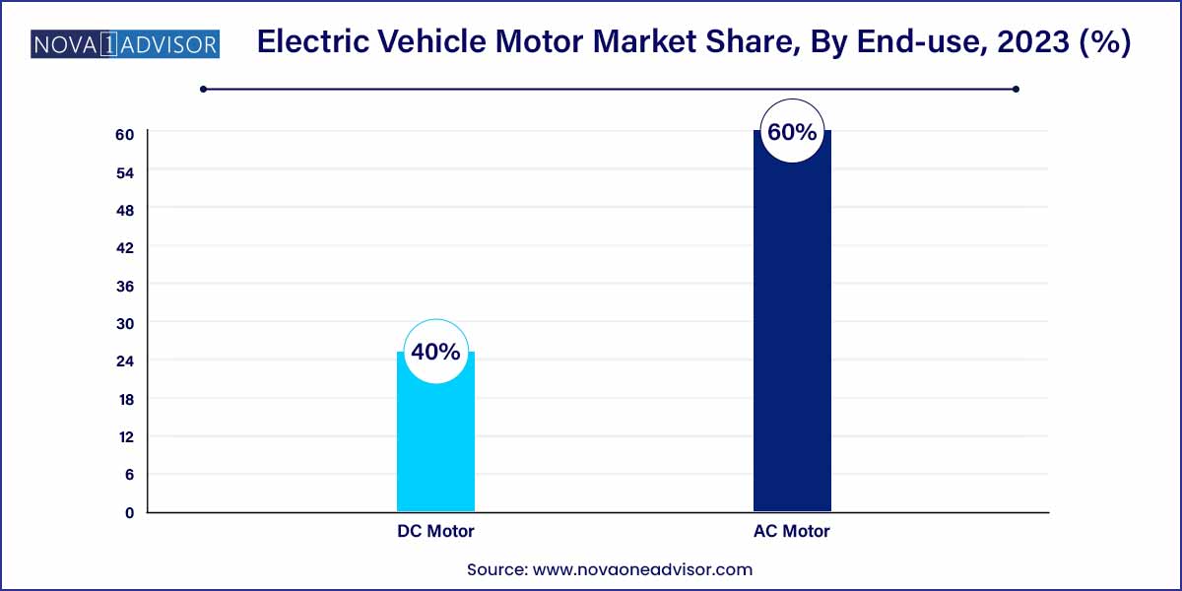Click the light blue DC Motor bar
(x=435, y=443)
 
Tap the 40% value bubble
(x=435, y=352)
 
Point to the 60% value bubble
(x=792, y=131)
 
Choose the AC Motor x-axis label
(x=792, y=532)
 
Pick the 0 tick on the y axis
(x=129, y=513)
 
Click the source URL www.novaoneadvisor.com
(x=643, y=569)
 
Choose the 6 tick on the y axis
(x=129, y=475)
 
